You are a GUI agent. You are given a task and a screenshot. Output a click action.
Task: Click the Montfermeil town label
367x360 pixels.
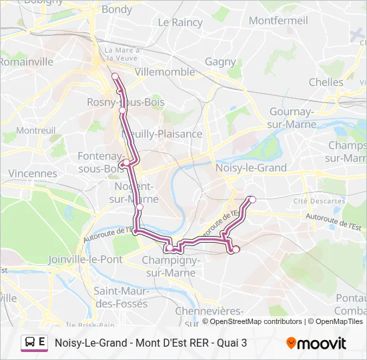tap(278, 21)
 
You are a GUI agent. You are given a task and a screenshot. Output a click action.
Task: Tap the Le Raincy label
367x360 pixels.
tap(180, 22)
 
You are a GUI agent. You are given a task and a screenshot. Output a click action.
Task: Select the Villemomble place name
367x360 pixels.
tap(165, 71)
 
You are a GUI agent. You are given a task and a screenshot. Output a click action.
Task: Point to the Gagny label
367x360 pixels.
tap(220, 62)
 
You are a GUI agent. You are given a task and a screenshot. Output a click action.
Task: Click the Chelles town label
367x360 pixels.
tap(326, 82)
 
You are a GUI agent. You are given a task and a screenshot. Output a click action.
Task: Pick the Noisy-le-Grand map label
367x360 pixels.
tap(251, 168)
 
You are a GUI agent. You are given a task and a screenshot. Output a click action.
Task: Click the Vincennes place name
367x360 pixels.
tap(33, 173)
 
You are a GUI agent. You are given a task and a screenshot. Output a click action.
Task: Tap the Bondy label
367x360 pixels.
tap(117, 9)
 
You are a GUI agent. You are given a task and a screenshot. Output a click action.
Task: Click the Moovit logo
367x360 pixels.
tap(316, 343)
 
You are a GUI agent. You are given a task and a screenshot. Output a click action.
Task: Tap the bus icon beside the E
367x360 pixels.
tap(29, 343)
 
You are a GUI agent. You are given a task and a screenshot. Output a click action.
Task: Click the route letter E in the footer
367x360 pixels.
tap(42, 343)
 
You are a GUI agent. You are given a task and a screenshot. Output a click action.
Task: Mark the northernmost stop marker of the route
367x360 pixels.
tap(115, 76)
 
